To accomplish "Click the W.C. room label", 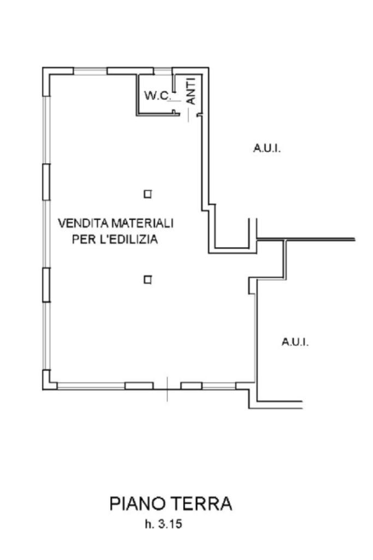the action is coord(157,96).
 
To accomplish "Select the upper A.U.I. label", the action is coord(267,148).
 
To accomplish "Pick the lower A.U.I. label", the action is coord(295,343).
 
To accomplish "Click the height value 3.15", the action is coord(170,525).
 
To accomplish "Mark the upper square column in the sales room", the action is coord(147,194).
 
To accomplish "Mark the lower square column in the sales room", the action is coord(147,280).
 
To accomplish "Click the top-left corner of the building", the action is coord(44,68).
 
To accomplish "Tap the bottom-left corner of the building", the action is coord(44,388).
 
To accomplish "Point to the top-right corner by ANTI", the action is coord(208,68).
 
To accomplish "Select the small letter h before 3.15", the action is coord(148,525).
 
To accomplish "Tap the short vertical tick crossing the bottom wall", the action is coord(168,390).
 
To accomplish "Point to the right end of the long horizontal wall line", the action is coord(354,240).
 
